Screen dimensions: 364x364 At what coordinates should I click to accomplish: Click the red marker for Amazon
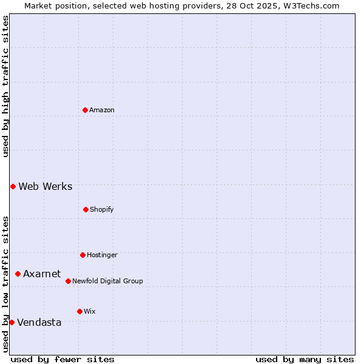click(85, 110)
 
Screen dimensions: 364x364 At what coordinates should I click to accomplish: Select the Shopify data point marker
click(86, 209)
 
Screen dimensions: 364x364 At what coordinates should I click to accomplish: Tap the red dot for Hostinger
click(83, 255)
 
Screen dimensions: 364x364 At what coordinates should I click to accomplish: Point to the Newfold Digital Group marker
click(68, 281)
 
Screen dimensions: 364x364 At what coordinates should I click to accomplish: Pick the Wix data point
click(79, 311)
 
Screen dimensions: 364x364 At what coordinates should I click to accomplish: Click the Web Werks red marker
click(13, 186)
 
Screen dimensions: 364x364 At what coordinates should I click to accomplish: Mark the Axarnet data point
click(18, 274)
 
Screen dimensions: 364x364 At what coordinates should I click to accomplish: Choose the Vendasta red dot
click(12, 322)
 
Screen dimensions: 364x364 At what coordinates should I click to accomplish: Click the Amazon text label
click(102, 110)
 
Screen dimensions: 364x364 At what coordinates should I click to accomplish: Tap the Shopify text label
click(102, 209)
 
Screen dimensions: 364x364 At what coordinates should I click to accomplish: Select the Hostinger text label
click(102, 255)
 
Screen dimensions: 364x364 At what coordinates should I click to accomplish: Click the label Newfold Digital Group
click(108, 281)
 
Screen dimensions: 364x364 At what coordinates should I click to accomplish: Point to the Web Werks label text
click(45, 186)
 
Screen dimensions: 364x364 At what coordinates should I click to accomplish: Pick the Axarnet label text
click(42, 274)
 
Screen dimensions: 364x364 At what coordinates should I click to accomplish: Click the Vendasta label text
click(39, 322)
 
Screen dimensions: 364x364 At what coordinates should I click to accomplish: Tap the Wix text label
click(90, 311)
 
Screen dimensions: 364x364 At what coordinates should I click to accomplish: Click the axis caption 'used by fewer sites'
click(62, 359)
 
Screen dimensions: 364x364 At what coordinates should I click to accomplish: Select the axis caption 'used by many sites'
click(305, 359)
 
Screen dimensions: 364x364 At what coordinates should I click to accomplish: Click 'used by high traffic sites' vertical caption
click(5, 86)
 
